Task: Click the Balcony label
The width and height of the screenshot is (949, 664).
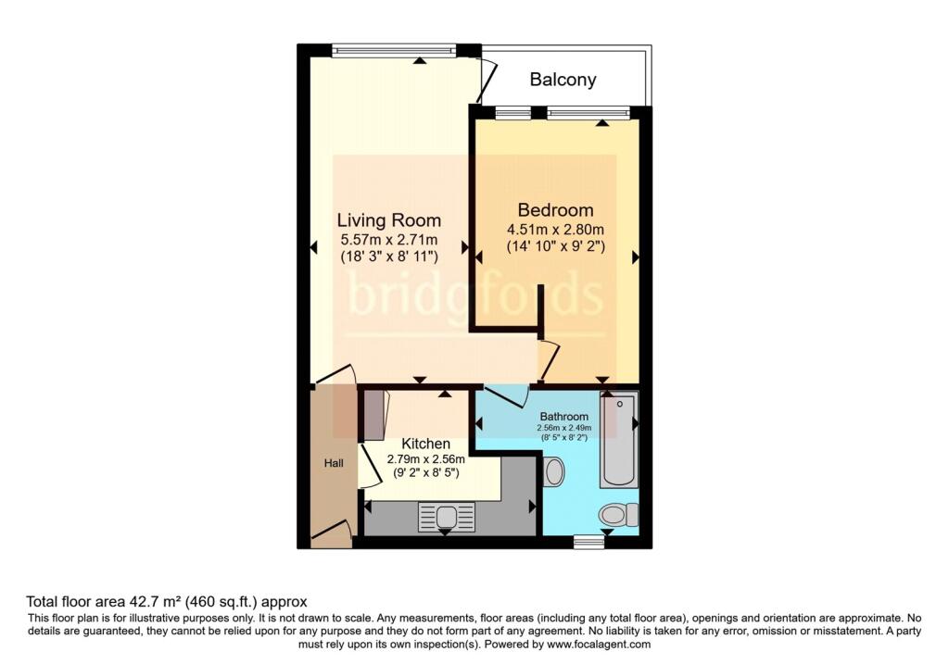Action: coord(563,80)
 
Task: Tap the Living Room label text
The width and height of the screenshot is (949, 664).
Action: coord(388,220)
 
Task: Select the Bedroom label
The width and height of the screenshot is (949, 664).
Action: coord(555,209)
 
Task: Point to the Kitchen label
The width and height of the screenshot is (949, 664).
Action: coord(425,445)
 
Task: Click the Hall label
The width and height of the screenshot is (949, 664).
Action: coord(333,462)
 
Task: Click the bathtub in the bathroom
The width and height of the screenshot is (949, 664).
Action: coord(619,440)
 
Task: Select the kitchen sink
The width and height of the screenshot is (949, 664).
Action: coord(447,517)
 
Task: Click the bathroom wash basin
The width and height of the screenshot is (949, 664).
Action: coord(554,471)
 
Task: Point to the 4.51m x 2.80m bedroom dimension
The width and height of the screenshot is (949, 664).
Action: coord(555,231)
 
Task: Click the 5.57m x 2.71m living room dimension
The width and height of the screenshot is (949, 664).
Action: coord(388,239)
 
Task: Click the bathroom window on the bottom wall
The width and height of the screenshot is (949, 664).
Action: coord(588,542)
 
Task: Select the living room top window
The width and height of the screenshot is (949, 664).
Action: coord(394,49)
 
